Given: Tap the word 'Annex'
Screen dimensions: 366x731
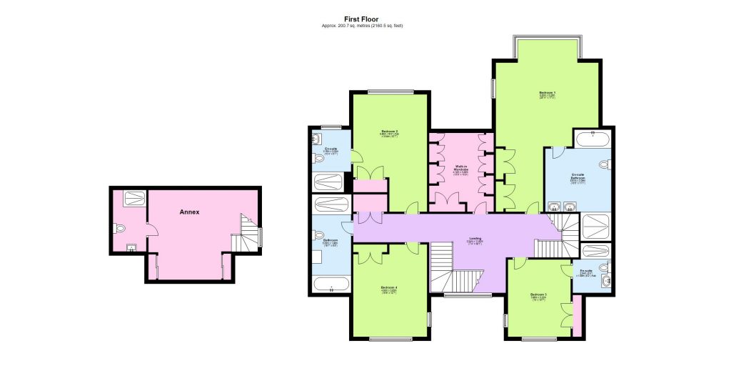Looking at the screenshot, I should (x=188, y=212).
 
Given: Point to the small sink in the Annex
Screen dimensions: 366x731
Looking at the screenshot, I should (x=131, y=247).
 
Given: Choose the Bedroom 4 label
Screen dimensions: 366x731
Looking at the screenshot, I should (x=389, y=290).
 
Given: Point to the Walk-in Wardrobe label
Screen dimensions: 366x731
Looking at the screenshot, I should (x=460, y=169).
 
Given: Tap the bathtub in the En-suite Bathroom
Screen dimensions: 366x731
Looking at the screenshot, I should (x=593, y=138).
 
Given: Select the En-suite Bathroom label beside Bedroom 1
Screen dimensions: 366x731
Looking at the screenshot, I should (x=578, y=179).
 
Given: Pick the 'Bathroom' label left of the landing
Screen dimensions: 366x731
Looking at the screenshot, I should (x=329, y=242).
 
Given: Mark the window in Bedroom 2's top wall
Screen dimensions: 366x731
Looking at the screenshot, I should (x=390, y=91).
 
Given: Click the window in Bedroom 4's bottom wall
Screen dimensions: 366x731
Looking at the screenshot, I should (x=390, y=338).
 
